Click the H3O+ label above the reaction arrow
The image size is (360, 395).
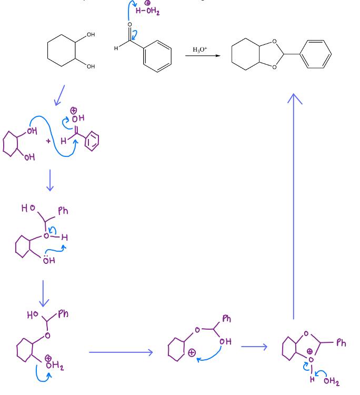coord(200,49)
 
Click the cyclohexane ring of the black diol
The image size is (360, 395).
coord(62,51)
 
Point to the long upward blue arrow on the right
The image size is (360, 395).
coord(294,205)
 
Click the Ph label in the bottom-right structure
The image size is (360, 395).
coord(341,343)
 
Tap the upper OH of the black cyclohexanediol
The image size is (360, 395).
coord(91,35)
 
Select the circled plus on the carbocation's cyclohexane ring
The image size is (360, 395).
coord(192,352)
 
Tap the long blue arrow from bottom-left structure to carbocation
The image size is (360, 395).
coord(121,352)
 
